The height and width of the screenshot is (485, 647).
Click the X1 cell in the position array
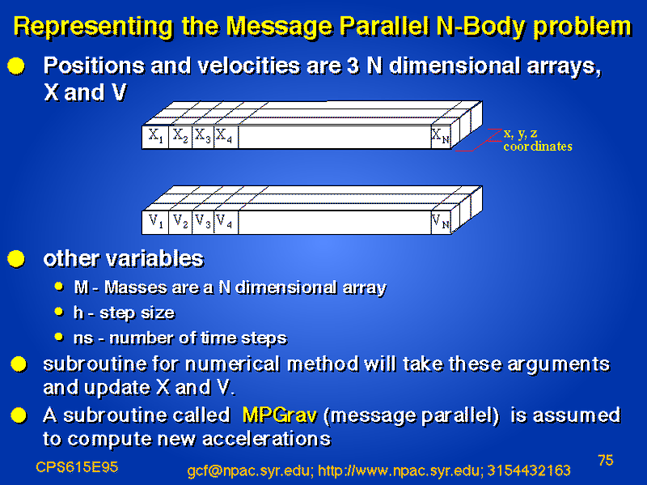point(155,137)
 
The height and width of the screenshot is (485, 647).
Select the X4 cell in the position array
point(226,137)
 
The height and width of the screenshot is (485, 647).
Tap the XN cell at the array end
point(441,137)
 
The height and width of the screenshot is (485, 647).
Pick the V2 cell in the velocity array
point(180,222)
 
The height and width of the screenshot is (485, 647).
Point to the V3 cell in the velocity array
point(203,222)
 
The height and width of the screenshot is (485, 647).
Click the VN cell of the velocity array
point(441,222)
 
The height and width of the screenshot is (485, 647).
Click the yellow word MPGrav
point(280,415)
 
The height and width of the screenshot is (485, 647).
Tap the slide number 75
point(605,460)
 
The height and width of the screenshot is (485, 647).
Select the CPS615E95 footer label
point(77,467)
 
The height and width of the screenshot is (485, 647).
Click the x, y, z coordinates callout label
point(538,139)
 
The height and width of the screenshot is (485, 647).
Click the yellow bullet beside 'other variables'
point(16,259)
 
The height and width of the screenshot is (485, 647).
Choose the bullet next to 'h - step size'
point(59,312)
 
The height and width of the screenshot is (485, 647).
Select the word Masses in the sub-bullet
point(135,287)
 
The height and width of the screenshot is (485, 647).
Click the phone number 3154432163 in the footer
point(529,470)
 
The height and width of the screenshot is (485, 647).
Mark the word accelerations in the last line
point(267,439)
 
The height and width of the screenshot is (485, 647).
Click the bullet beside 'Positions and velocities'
point(16,66)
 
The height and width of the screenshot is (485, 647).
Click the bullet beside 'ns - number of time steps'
point(59,337)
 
